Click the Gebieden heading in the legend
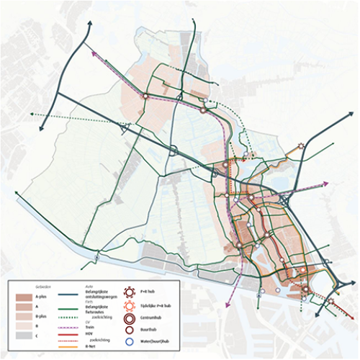point(43,286)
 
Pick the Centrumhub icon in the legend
point(131,318)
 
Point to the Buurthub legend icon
point(131,330)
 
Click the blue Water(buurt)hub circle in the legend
point(131,343)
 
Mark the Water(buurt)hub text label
point(158,343)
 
